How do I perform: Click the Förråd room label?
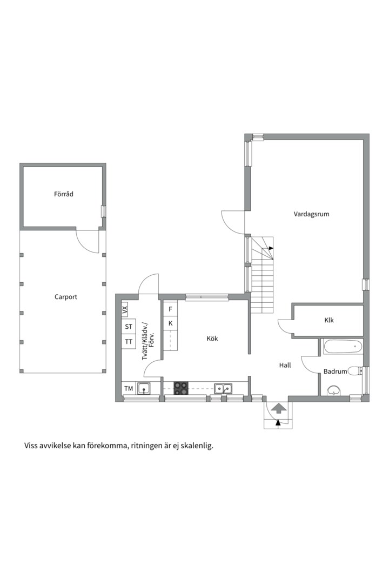[63, 194]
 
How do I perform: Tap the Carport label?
[65, 297]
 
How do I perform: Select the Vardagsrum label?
[311, 214]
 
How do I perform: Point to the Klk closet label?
[328, 320]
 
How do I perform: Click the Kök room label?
[212, 339]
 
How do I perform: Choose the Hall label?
[285, 365]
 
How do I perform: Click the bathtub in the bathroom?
[343, 347]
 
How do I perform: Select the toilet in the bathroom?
[354, 371]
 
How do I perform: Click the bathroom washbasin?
[334, 390]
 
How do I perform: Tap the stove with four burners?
[181, 388]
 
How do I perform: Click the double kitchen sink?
[223, 388]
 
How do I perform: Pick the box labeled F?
[170, 309]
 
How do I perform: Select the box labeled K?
[170, 323]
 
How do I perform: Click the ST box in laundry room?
[129, 327]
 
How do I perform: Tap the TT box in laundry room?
[129, 342]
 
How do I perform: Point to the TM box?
[129, 388]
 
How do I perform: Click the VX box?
[125, 310]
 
